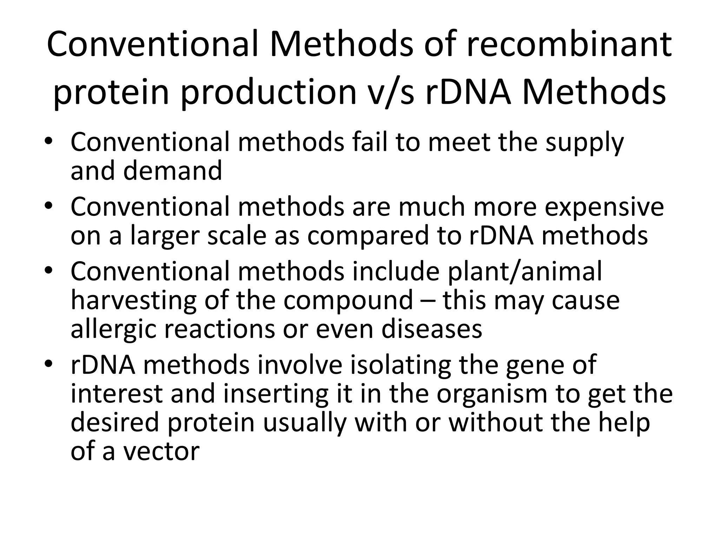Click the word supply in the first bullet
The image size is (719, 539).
point(584,143)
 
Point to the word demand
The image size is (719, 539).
point(172,171)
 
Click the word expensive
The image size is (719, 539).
point(604,207)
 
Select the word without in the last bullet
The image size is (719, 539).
point(497,422)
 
